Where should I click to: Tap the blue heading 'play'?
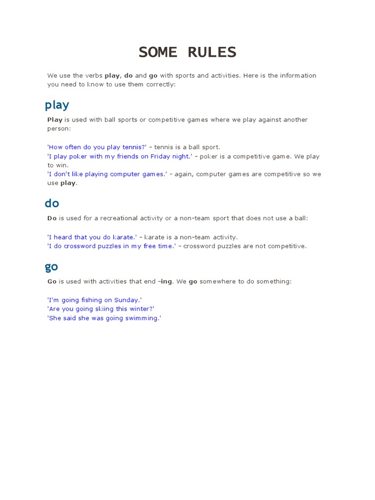click(x=57, y=105)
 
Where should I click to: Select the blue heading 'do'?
click(x=52, y=203)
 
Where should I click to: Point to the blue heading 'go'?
click(x=51, y=267)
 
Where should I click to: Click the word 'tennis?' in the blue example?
click(x=135, y=147)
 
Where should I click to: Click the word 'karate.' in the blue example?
click(x=125, y=237)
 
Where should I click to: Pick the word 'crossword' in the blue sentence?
click(x=83, y=246)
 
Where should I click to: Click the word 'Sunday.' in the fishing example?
click(x=128, y=300)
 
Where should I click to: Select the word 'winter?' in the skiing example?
click(x=142, y=309)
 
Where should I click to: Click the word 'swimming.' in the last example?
click(x=144, y=318)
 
